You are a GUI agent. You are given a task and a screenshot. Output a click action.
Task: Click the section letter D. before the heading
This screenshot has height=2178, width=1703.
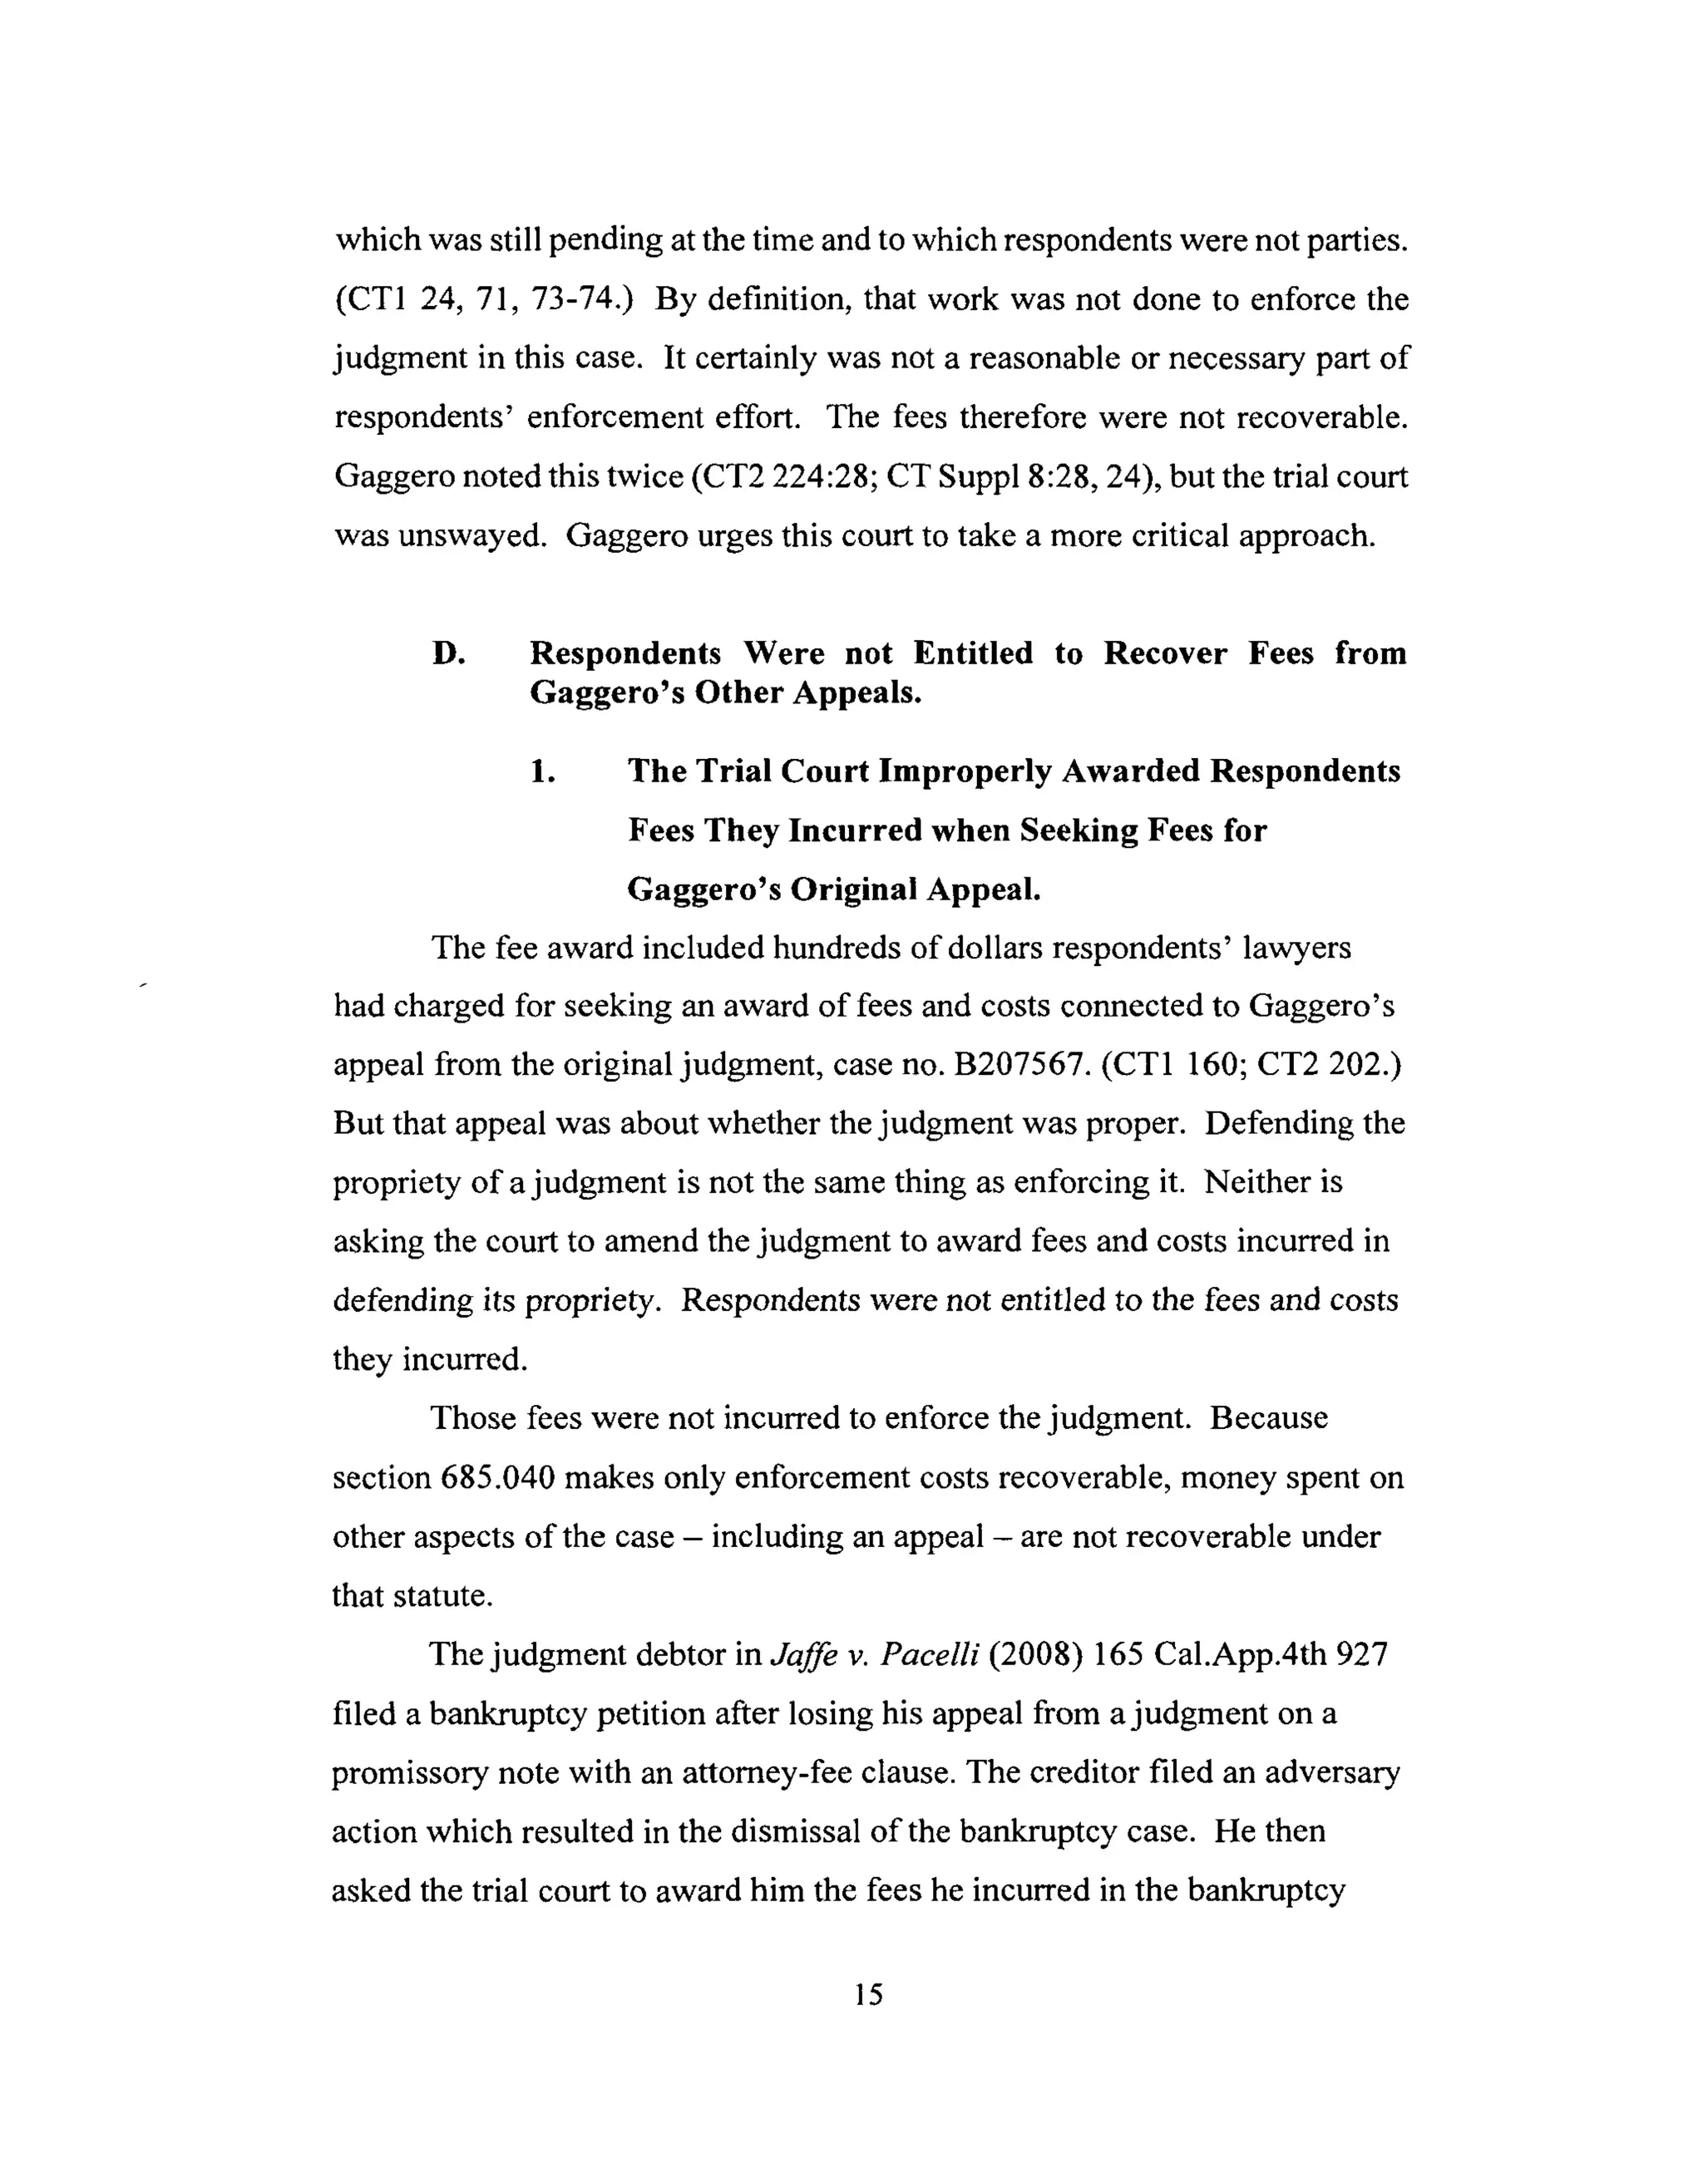tap(449, 653)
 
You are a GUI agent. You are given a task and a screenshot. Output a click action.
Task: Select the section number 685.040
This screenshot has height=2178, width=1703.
tap(496, 1477)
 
